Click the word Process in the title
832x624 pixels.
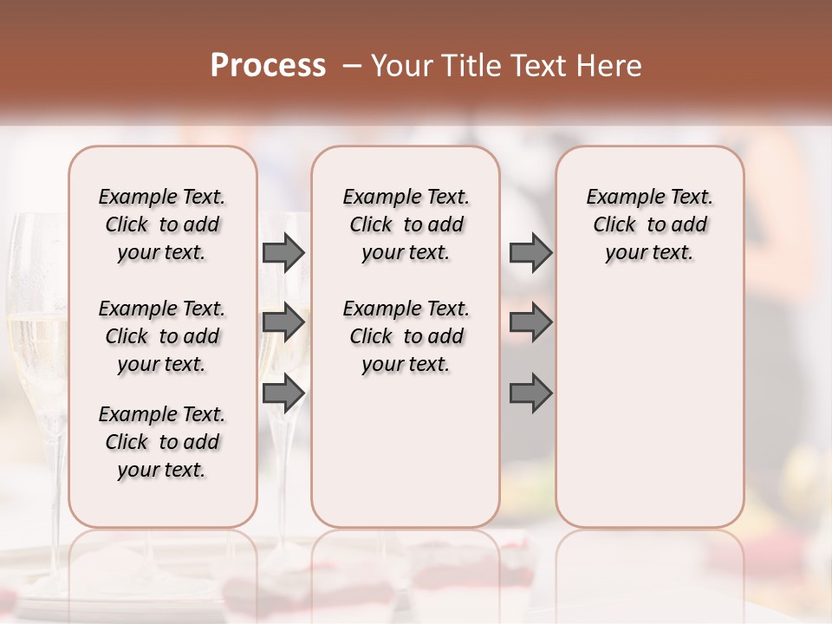point(268,66)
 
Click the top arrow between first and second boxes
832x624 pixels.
point(283,253)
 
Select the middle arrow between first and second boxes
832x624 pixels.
point(283,322)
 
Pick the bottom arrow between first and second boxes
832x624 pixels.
point(283,393)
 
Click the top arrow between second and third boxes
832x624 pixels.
point(530,253)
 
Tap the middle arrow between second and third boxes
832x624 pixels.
point(530,322)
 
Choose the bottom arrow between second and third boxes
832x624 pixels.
point(530,393)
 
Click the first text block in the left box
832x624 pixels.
point(162,224)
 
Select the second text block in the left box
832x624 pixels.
point(162,336)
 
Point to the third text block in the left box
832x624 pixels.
point(162,442)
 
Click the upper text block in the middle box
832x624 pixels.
point(406,224)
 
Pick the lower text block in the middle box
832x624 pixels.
point(406,336)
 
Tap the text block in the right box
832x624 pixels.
point(649,224)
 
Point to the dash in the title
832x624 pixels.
point(351,66)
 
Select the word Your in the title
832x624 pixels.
point(400,66)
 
